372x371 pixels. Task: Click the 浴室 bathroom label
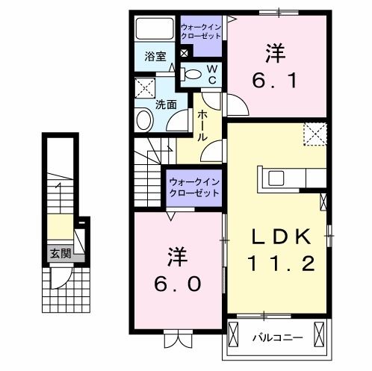tap(155, 55)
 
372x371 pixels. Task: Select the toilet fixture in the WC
tap(192, 74)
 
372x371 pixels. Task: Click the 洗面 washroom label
tap(166, 105)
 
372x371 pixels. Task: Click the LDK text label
tap(281, 237)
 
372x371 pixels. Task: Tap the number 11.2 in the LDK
tap(281, 263)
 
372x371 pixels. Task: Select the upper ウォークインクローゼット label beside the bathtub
tap(200, 31)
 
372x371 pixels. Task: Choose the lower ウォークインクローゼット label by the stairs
tap(193, 187)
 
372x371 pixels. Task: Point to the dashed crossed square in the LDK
tap(315, 134)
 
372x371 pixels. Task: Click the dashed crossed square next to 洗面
tap(145, 87)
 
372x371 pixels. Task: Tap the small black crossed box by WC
tap(185, 54)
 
